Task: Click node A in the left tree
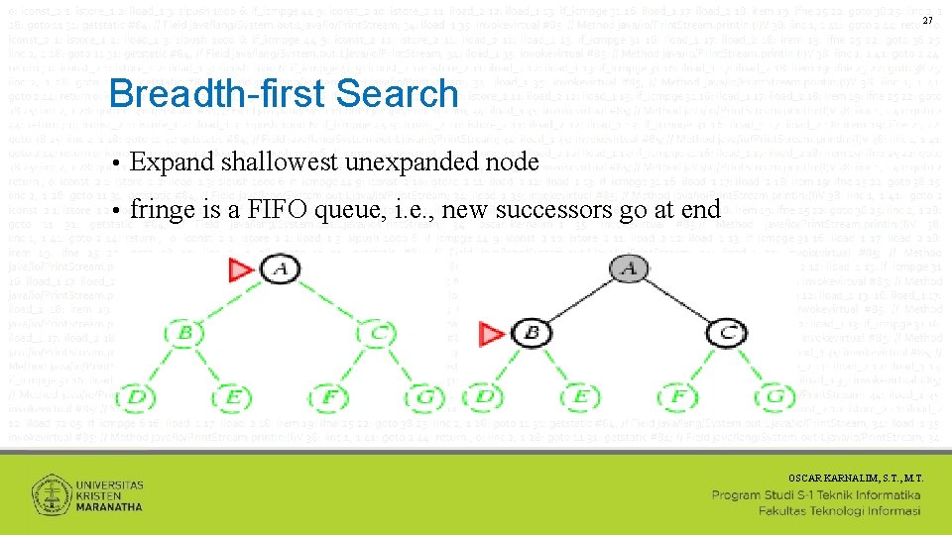pos(280,268)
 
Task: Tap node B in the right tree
pos(533,334)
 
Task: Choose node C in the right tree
pos(726,334)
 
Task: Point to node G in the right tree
pos(775,397)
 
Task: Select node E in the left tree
pos(233,397)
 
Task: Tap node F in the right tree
pos(678,397)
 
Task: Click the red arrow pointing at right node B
pos(492,335)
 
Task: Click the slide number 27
pos(927,22)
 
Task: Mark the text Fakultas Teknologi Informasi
pos(839,511)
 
